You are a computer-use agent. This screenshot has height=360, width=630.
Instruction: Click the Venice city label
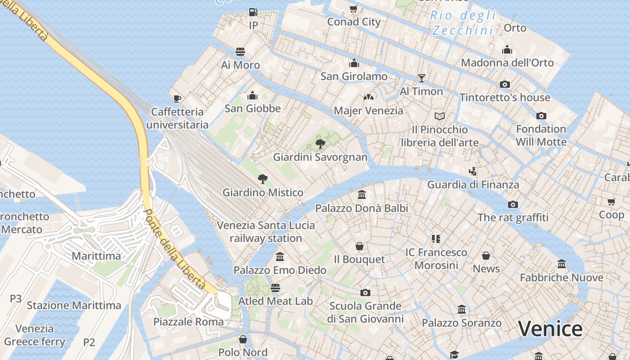point(550,329)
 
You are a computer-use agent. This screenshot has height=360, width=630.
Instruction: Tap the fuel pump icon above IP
point(253,12)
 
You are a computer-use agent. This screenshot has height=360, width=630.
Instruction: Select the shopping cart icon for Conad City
point(354,9)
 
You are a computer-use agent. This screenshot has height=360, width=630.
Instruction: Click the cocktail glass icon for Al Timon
point(421,78)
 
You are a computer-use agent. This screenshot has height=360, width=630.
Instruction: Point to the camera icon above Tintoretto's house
point(505,84)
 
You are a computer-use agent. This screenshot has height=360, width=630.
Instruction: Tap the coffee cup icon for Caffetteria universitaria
point(177,99)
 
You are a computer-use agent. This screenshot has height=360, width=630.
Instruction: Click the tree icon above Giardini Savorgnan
point(320,144)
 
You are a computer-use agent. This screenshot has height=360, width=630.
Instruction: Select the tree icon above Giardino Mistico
point(263,179)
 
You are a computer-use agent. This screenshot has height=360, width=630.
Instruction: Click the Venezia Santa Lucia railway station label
point(265,231)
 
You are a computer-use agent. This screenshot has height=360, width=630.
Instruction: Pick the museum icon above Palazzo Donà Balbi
point(362,195)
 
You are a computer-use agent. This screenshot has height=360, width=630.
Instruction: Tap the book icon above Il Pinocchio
point(440,117)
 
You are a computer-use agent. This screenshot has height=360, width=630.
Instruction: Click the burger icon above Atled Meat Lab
point(275,288)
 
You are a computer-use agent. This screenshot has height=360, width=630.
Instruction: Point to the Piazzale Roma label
point(188,322)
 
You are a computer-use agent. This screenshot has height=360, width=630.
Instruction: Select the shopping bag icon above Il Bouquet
point(359,246)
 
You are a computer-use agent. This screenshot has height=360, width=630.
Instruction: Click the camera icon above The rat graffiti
point(513,205)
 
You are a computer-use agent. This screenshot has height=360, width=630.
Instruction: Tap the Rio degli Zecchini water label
point(463,22)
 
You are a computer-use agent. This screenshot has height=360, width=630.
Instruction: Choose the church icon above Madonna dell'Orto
point(507,49)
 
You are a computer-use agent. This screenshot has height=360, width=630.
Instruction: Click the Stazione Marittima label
point(74,306)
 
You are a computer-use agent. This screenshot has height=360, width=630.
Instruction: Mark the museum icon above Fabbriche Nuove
point(561,264)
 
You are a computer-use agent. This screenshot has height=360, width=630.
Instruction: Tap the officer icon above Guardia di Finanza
point(472,171)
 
